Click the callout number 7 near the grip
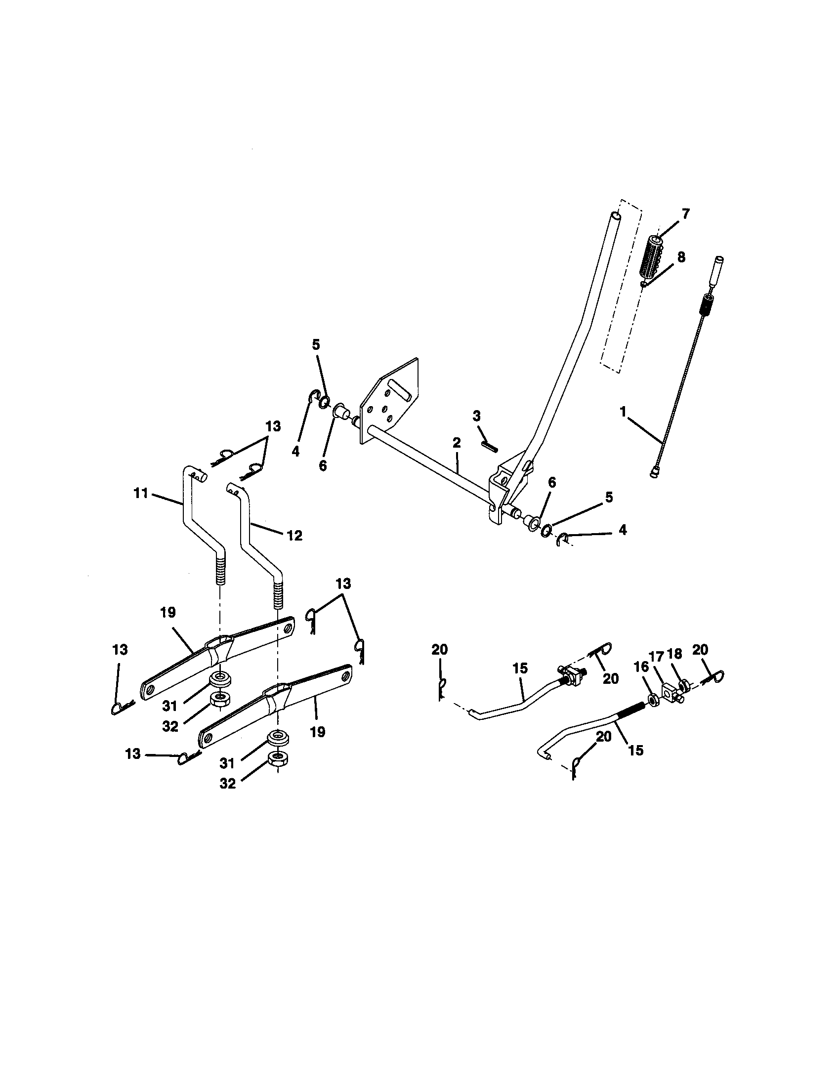coord(686,214)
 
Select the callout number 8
coord(681,257)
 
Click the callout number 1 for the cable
coord(622,412)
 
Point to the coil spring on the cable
coord(705,304)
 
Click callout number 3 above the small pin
coord(477,416)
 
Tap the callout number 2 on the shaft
coord(457,443)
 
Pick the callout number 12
coord(294,536)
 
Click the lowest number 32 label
coord(227,784)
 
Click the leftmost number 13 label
coord(120,650)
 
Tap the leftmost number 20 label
coord(440,649)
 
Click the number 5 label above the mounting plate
coord(317,345)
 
